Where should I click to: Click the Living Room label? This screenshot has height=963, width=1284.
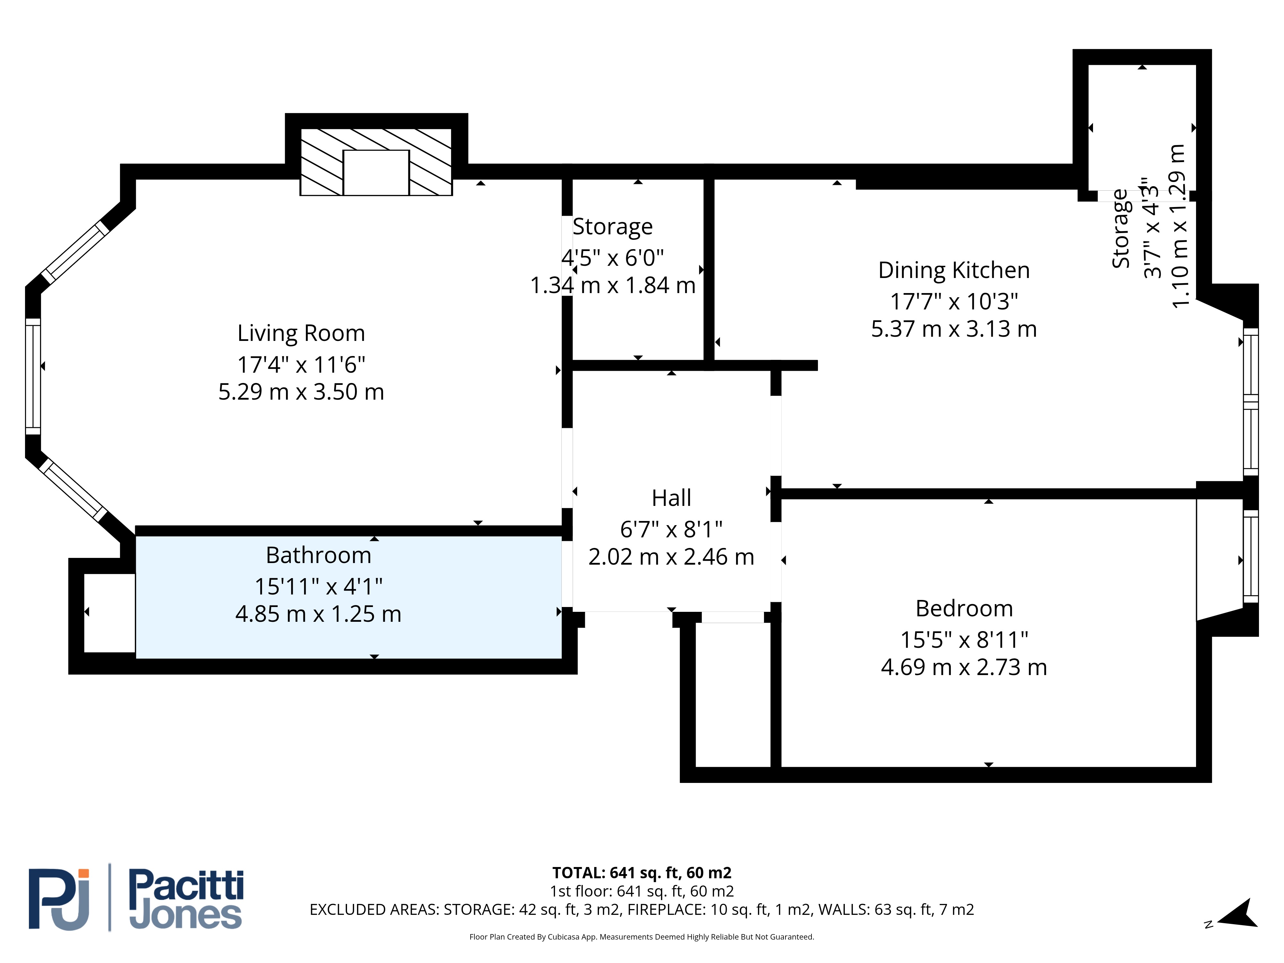301,333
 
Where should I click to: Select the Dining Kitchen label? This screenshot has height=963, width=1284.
954,271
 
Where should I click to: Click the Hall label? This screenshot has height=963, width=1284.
672,498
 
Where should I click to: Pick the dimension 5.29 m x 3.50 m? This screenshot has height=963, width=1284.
301,392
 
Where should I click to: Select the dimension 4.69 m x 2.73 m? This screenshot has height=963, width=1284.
964,668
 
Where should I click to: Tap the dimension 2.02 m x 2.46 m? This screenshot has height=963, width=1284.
672,557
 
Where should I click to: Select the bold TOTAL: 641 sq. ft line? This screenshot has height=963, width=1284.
642,873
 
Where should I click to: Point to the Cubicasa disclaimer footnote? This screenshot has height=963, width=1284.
642,937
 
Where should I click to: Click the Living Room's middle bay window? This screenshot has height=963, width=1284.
33,376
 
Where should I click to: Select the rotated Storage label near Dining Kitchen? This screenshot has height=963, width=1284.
1120,229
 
